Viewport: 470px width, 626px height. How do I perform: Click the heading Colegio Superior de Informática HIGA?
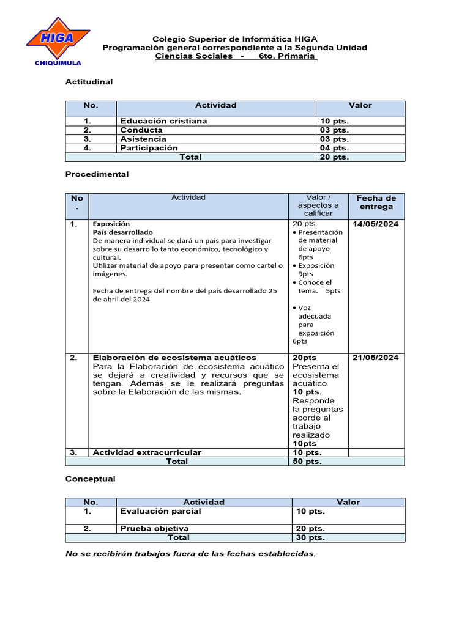point(234,39)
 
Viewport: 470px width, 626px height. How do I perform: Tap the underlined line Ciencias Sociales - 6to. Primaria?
point(236,56)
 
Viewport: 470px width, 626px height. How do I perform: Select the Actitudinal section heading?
point(89,81)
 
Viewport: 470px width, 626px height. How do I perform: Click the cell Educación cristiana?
point(163,121)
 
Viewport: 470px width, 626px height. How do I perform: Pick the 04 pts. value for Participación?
point(334,148)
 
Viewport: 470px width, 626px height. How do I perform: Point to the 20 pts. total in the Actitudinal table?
point(334,157)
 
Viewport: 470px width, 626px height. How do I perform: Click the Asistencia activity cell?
point(143,139)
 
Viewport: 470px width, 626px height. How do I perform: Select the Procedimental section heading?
point(97,174)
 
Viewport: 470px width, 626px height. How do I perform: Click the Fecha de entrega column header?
point(376,202)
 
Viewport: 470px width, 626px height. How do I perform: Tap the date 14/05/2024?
point(375,224)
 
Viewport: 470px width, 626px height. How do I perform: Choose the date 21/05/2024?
point(375,358)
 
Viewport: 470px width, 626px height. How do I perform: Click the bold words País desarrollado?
point(122,232)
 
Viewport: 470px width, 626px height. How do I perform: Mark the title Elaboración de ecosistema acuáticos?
point(174,358)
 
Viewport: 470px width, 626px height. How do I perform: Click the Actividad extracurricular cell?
point(146,452)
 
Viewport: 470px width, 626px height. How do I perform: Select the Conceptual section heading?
point(90,479)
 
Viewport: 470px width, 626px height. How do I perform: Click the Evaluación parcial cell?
point(160,511)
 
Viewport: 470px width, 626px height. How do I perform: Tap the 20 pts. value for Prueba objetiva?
point(310,528)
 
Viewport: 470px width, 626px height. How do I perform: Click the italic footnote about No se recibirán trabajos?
point(190,554)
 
